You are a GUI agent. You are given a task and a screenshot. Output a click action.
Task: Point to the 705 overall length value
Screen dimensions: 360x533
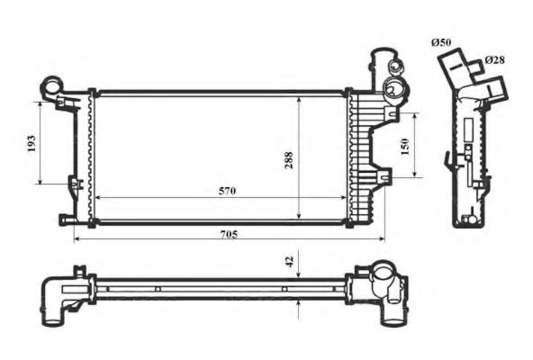pos(229,234)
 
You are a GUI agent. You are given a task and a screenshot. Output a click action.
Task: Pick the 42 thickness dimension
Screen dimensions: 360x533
pos(289,262)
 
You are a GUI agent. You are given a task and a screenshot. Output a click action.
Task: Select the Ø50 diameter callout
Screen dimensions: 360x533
pos(440,42)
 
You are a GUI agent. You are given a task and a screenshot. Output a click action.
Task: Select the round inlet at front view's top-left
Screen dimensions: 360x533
pos(50,87)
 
